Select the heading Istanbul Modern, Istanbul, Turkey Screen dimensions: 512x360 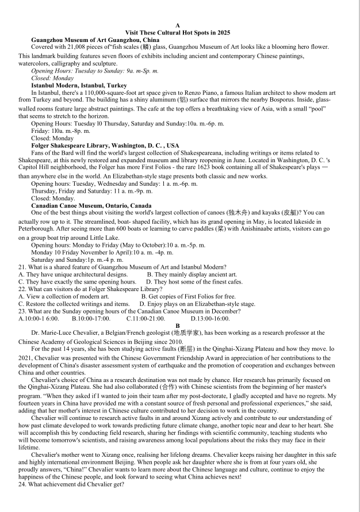pos(79,85)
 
